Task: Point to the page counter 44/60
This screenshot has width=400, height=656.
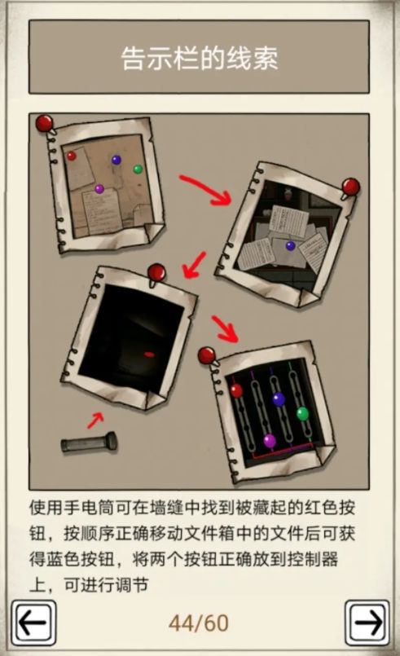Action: [199, 623]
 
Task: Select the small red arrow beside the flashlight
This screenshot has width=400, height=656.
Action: [95, 420]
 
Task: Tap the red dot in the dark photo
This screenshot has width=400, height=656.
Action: [149, 354]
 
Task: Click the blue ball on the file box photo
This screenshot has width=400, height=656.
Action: [290, 245]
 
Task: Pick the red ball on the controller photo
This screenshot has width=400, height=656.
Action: [236, 390]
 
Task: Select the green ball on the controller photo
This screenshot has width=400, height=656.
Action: [302, 413]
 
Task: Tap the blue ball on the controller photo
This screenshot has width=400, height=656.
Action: [279, 398]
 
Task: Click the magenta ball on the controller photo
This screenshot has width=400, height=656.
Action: [270, 441]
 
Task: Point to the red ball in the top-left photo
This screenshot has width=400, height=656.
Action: [71, 156]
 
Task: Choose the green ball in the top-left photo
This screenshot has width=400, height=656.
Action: [138, 170]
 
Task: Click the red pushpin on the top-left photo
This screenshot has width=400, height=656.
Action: [45, 124]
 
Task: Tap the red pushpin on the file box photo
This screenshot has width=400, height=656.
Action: [350, 187]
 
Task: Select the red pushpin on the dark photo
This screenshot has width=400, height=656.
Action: [154, 271]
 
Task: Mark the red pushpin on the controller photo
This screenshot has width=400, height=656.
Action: [207, 355]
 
